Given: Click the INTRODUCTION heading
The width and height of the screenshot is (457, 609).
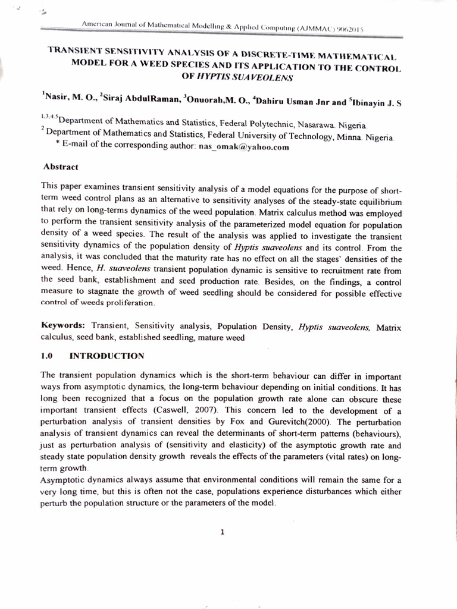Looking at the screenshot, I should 107,356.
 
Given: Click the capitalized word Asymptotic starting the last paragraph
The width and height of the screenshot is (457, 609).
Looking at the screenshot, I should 62,479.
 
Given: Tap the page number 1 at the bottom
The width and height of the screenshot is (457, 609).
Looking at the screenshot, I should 221,533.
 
